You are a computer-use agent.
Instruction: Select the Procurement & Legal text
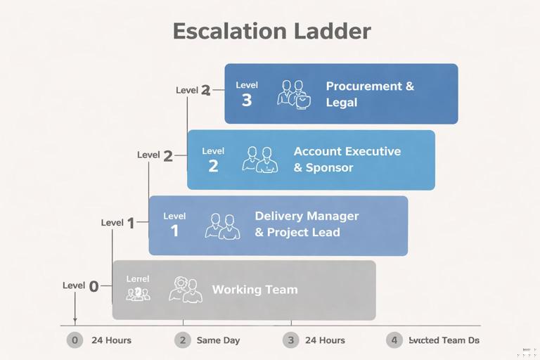coord(370,94)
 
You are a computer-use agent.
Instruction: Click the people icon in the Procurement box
coord(294,94)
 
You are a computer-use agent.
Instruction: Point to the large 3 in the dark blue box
coord(246,101)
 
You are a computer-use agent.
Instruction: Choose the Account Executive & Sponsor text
coord(347,160)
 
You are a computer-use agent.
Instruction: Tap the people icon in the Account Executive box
coord(259,160)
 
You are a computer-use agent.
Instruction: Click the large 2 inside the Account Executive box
coord(213,166)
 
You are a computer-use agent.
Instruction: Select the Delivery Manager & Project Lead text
coord(307,224)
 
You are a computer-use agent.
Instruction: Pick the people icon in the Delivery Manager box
coord(222,226)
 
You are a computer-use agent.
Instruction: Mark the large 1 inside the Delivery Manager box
coord(174,231)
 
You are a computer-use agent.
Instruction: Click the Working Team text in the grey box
coord(255,290)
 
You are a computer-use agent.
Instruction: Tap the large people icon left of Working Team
coord(186,290)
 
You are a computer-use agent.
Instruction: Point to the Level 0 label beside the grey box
coord(81,285)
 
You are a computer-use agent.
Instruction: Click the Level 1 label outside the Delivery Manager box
coord(117,223)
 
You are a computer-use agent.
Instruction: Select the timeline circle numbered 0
coord(75,340)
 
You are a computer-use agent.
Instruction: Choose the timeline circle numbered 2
coord(182,340)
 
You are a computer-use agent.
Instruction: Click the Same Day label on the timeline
coord(218,340)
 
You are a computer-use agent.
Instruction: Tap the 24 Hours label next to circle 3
coord(325,340)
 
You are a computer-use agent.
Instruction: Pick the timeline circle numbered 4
coord(394,340)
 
